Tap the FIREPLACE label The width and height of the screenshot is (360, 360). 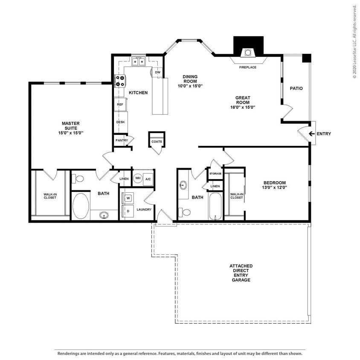point(247,67)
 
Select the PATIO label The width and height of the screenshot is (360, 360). point(296,89)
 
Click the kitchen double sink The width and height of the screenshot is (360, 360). point(139,62)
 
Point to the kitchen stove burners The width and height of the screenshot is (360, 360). point(119,80)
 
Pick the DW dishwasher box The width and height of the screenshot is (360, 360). point(157,73)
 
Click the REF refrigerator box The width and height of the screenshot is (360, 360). point(120,105)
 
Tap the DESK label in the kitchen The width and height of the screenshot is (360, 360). point(120,122)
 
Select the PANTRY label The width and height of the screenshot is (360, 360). point(121,140)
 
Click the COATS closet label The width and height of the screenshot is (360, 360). point(156,141)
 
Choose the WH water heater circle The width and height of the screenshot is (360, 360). point(138,179)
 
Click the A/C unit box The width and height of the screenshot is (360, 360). point(148,179)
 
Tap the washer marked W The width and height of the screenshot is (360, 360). point(128,198)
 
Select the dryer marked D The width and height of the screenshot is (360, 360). point(128,210)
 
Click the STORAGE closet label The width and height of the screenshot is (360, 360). point(215,174)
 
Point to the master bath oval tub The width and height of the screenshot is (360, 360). point(81,206)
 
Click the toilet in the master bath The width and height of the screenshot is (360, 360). point(80,178)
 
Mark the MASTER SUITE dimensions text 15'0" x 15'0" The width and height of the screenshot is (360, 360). point(70,133)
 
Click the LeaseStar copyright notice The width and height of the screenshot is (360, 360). point(354,42)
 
